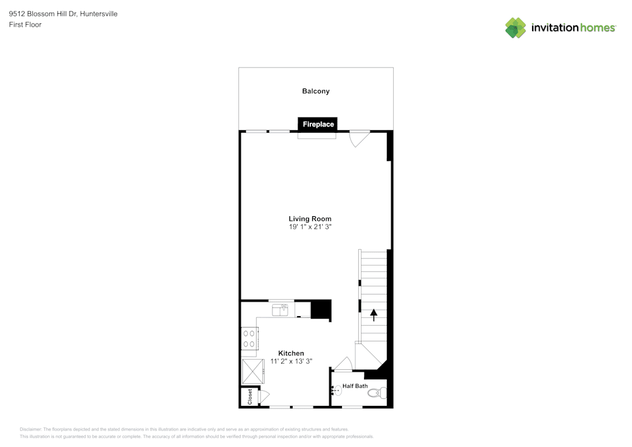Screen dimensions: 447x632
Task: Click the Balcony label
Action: point(315,91)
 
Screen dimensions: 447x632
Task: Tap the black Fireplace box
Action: point(318,125)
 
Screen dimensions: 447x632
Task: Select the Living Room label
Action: point(310,219)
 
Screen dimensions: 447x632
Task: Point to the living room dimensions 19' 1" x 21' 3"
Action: point(310,226)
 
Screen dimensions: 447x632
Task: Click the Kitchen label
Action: point(291,353)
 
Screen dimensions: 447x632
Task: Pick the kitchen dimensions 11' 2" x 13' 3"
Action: point(291,361)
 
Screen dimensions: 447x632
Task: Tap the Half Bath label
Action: point(355,386)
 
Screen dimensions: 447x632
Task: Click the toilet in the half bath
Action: point(377,393)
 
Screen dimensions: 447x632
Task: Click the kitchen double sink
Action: point(281,310)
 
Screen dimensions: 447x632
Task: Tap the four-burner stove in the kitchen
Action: point(249,338)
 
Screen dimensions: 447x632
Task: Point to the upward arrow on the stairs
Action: point(374,314)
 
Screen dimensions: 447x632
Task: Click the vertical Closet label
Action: point(250,397)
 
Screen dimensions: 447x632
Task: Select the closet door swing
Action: point(263,396)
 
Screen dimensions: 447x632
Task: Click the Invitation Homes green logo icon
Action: point(516,27)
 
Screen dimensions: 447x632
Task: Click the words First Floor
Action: point(25,25)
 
